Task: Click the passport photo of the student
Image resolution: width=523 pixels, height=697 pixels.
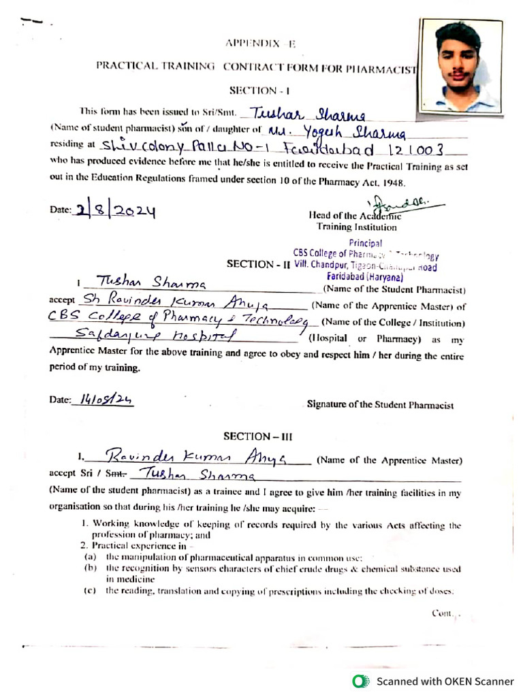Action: pos(460,65)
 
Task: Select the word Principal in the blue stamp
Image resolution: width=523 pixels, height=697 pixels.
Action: pos(365,243)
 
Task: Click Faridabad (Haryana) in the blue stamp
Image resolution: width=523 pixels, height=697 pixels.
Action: pos(365,277)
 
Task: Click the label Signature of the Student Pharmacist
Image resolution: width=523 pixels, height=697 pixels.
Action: pos(380,405)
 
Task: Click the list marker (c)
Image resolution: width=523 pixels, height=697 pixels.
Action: pos(89,591)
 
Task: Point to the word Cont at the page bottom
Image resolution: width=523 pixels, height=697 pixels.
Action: pos(443,613)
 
